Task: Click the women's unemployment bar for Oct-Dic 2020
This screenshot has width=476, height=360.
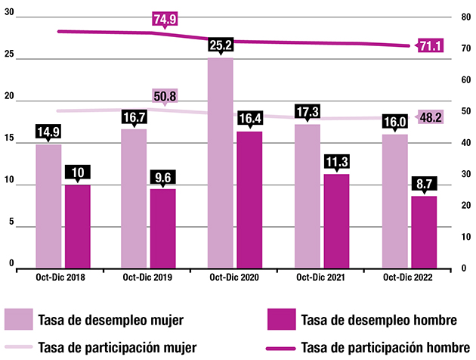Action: click(x=220, y=163)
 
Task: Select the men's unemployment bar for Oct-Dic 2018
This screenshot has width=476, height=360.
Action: click(x=77, y=225)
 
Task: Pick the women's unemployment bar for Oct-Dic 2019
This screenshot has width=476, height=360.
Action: click(x=134, y=197)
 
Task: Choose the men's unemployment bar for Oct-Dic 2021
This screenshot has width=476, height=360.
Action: click(x=337, y=220)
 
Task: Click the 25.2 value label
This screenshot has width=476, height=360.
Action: click(x=220, y=46)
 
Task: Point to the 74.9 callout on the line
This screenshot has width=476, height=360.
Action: click(x=165, y=20)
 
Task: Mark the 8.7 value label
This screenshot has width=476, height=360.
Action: click(x=424, y=184)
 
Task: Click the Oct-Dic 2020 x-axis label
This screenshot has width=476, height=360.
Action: click(x=234, y=278)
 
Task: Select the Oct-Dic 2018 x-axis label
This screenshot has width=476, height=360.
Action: click(x=60, y=278)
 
